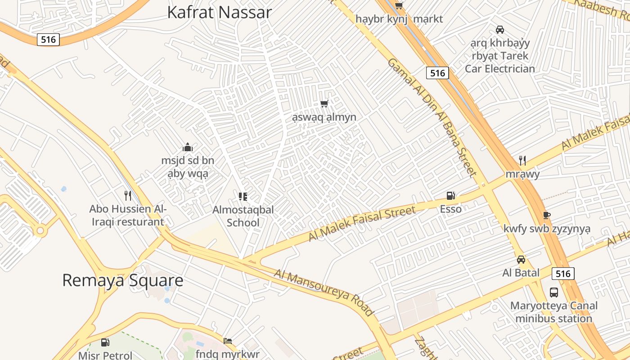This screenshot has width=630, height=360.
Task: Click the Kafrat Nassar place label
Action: click(x=219, y=12)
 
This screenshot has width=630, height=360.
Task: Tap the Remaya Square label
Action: click(x=122, y=280)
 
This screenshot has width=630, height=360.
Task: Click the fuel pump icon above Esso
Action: click(x=450, y=196)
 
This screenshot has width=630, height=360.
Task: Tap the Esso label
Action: click(x=450, y=209)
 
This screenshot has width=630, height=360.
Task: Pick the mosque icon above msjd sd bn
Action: click(x=188, y=147)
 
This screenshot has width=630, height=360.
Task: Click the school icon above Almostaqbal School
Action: click(x=243, y=196)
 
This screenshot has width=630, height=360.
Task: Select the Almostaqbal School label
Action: click(x=243, y=216)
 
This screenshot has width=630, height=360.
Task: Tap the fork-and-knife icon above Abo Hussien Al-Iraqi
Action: click(x=128, y=195)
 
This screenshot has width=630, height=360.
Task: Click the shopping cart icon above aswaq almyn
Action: click(x=324, y=104)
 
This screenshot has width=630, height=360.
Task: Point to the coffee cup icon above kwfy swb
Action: click(x=547, y=215)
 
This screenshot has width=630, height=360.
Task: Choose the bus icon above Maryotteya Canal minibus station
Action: click(x=554, y=292)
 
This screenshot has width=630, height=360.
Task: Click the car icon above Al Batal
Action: click(x=521, y=260)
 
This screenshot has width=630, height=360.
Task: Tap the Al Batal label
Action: click(x=521, y=273)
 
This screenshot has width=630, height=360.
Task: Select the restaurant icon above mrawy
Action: click(x=522, y=160)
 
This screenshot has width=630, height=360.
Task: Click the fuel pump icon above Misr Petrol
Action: click(x=105, y=342)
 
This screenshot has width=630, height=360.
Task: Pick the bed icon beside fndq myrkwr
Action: click(x=228, y=341)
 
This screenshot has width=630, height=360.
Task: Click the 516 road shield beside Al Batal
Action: click(x=563, y=274)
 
